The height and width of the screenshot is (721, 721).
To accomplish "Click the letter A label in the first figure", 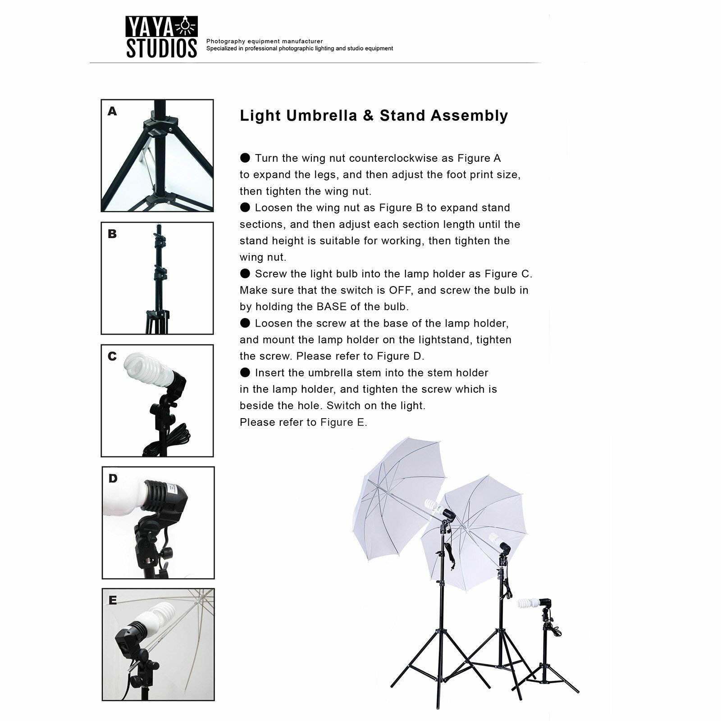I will [112, 111].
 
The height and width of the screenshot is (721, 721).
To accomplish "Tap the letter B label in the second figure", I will [112, 234].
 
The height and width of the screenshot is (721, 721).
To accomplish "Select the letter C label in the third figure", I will [112, 356].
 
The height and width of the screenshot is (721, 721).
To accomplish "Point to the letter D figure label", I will [113, 479].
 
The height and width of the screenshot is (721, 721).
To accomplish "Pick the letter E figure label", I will [113, 600].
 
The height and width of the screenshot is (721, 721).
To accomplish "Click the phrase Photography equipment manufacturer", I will [265, 41].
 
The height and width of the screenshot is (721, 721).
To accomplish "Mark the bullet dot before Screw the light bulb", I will [245, 274].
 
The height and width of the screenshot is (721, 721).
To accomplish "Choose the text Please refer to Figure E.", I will [303, 423].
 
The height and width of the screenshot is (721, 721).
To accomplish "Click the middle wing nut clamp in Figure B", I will [160, 273].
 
